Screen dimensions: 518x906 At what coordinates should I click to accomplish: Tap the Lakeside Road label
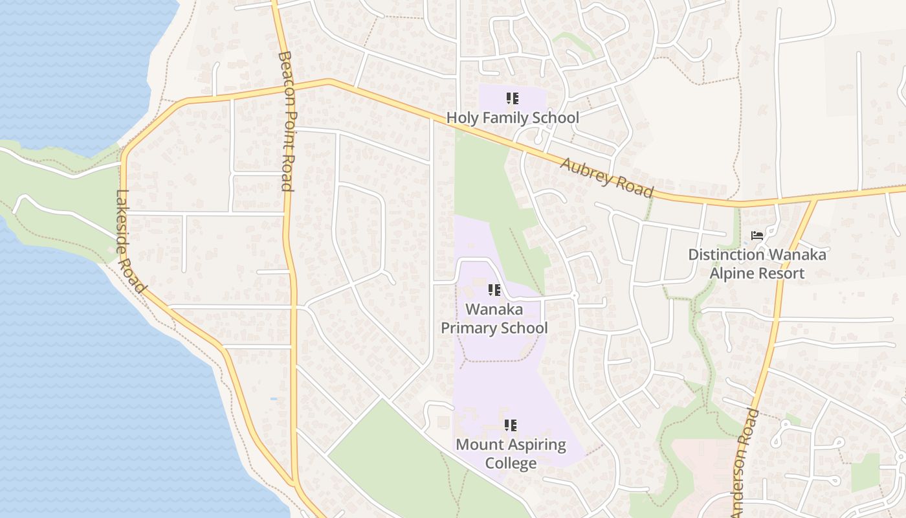(x=131, y=240)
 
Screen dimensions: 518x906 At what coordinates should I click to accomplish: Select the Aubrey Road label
(x=607, y=177)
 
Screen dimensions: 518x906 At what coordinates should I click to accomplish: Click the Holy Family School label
(x=513, y=118)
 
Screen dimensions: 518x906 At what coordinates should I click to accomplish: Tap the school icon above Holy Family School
(x=512, y=99)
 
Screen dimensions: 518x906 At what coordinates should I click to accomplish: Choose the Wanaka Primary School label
(x=494, y=319)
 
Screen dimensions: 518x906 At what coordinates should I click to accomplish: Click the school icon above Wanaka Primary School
(x=494, y=291)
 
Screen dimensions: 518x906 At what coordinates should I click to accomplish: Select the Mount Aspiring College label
(x=511, y=454)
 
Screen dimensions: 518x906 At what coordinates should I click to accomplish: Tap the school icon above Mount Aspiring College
(x=511, y=425)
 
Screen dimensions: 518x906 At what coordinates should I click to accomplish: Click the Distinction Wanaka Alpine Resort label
(x=757, y=264)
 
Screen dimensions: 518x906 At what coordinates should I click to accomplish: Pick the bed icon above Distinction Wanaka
(x=757, y=236)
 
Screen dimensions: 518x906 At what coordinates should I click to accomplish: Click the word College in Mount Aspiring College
(x=511, y=463)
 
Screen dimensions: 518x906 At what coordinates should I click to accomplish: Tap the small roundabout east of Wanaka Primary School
(x=574, y=296)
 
